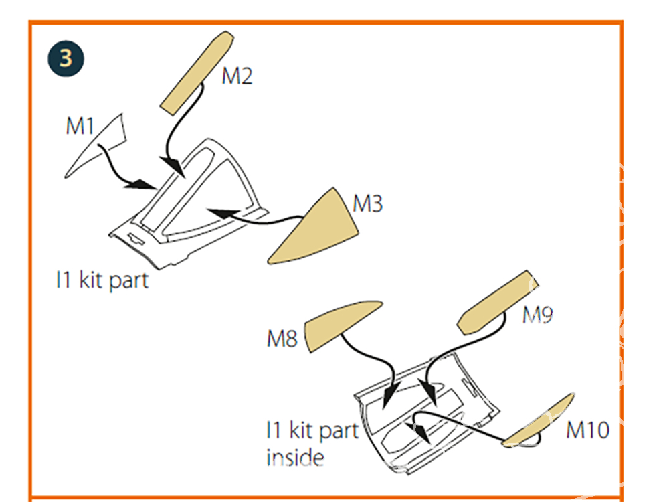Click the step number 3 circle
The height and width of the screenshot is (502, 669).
pyautogui.click(x=66, y=58)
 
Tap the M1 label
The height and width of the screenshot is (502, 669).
pyautogui.click(x=80, y=126)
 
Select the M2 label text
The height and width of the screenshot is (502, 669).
pyautogui.click(x=237, y=76)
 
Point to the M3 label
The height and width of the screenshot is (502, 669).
pyautogui.click(x=367, y=203)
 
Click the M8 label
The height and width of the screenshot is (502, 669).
pyautogui.click(x=282, y=339)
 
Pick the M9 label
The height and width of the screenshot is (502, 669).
pyautogui.click(x=537, y=315)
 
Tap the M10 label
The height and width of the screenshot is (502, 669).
pyautogui.click(x=587, y=430)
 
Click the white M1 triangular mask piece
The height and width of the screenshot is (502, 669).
pyautogui.click(x=100, y=144)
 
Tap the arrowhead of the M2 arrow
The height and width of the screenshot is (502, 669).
pyautogui.click(x=176, y=167)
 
